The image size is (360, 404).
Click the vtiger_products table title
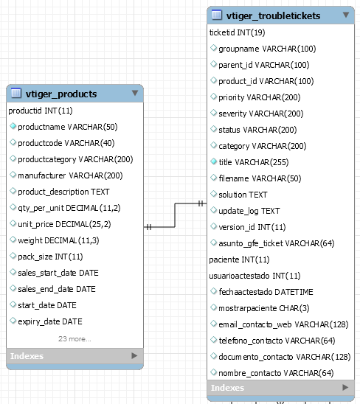61,94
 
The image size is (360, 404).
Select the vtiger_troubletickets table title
273,15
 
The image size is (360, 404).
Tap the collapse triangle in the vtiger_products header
134,93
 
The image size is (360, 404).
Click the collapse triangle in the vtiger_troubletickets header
346,15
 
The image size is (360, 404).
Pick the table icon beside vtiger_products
16,93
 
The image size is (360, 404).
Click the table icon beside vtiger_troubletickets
217,15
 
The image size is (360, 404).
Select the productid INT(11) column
41,111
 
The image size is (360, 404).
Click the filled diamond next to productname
13,126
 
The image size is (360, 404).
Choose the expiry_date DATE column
50,321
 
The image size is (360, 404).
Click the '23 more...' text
75,338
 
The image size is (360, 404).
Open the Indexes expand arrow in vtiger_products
134,355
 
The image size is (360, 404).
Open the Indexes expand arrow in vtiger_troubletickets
345,387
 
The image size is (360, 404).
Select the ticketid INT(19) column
238,32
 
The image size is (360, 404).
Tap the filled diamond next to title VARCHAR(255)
213,161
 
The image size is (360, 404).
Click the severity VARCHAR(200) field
261,114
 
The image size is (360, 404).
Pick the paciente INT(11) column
239,260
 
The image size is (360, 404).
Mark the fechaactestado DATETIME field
266,292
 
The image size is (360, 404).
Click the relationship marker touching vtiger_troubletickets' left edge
201,203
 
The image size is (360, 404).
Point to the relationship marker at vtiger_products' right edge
149,227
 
